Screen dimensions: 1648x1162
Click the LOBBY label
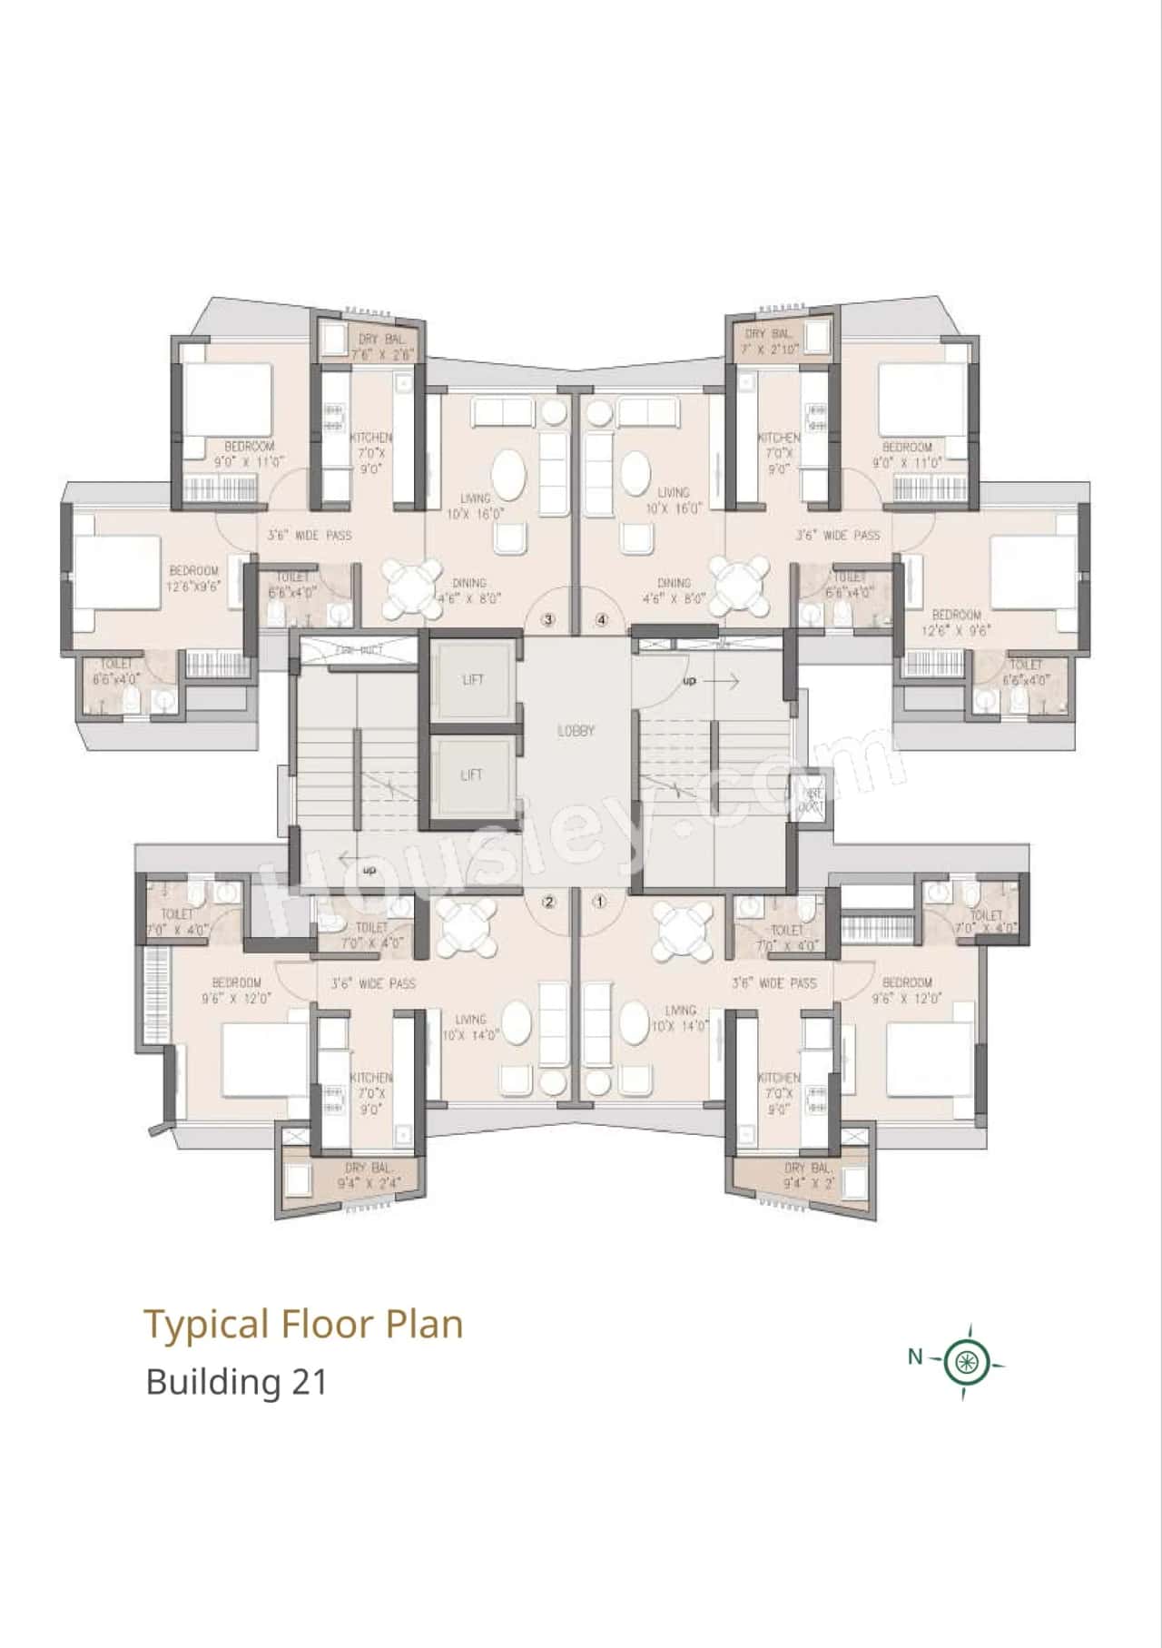pos(576,730)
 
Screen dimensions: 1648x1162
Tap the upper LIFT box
pos(472,679)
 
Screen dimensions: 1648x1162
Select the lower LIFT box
pos(472,775)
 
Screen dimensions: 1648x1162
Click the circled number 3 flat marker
pos(547,620)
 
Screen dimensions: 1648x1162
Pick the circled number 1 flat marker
pos(599,902)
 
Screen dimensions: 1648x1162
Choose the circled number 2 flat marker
pos(548,902)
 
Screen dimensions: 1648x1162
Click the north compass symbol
pos(968,1361)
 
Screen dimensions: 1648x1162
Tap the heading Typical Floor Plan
pos(304,1324)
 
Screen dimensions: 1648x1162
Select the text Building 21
pos(236,1382)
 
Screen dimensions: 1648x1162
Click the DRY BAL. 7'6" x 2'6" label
pos(381,346)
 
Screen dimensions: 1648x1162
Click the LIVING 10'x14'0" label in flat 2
pos(470,1027)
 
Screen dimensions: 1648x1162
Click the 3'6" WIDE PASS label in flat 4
pos(838,536)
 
